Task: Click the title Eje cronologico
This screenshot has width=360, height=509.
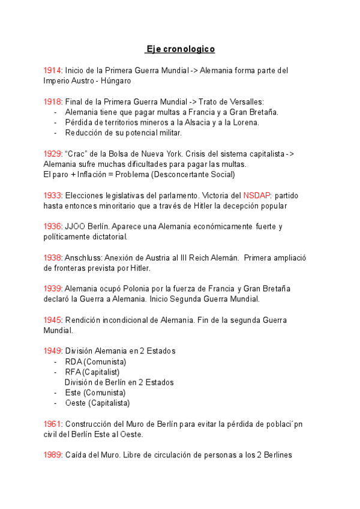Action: pyautogui.click(x=180, y=49)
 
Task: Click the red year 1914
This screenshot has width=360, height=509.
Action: pyautogui.click(x=53, y=71)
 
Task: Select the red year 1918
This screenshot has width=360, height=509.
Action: pyautogui.click(x=53, y=102)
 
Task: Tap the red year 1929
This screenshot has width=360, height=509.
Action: pyautogui.click(x=53, y=154)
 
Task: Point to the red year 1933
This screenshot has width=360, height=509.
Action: pyautogui.click(x=53, y=196)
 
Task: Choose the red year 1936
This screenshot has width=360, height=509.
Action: pyautogui.click(x=53, y=227)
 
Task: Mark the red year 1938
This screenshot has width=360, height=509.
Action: pyautogui.click(x=53, y=258)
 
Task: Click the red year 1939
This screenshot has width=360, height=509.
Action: pyautogui.click(x=53, y=289)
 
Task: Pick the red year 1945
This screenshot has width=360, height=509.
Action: pyautogui.click(x=53, y=320)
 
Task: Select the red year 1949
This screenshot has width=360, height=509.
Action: pyautogui.click(x=53, y=351)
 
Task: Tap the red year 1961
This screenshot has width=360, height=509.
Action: pyautogui.click(x=53, y=424)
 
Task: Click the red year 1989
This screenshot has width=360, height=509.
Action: pyautogui.click(x=53, y=455)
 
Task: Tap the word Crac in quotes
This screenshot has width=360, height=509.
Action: pyautogui.click(x=76, y=154)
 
